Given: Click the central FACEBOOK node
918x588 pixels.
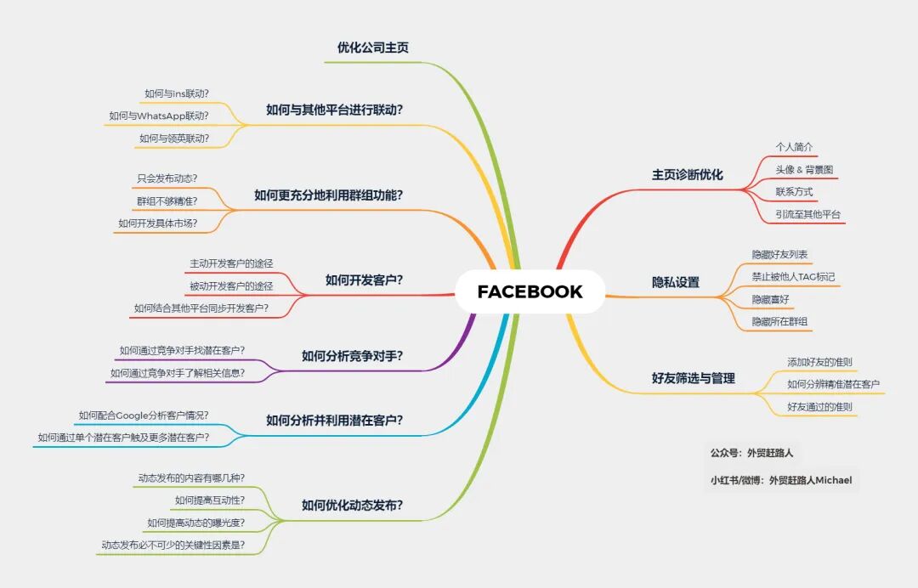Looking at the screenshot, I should (530, 291).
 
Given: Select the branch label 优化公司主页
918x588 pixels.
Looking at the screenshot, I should (372, 48).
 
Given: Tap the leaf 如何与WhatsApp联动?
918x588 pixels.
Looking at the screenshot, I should (159, 116).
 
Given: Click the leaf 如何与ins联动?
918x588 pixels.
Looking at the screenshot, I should (177, 93).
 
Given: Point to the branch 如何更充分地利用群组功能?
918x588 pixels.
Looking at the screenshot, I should (328, 195).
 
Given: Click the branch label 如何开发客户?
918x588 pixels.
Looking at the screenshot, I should (364, 280).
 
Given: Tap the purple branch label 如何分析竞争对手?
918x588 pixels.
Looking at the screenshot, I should (352, 355).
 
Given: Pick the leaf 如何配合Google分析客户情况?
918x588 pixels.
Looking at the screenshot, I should (144, 416).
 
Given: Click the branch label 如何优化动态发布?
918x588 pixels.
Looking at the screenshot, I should (352, 505).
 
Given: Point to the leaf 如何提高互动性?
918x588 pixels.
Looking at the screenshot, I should (210, 500).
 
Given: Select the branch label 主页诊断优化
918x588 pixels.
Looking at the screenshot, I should (687, 174).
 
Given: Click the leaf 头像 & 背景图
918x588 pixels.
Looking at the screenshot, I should (804, 170).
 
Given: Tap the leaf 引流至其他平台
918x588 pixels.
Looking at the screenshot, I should (807, 214).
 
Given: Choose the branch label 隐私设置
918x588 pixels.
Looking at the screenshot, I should (675, 282).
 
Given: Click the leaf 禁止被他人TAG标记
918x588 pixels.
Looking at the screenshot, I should (793, 277).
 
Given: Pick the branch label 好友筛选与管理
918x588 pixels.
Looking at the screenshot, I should (693, 378).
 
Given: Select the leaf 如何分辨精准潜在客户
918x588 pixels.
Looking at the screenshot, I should (833, 384).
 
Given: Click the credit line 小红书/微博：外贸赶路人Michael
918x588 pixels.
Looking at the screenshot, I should (780, 480).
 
